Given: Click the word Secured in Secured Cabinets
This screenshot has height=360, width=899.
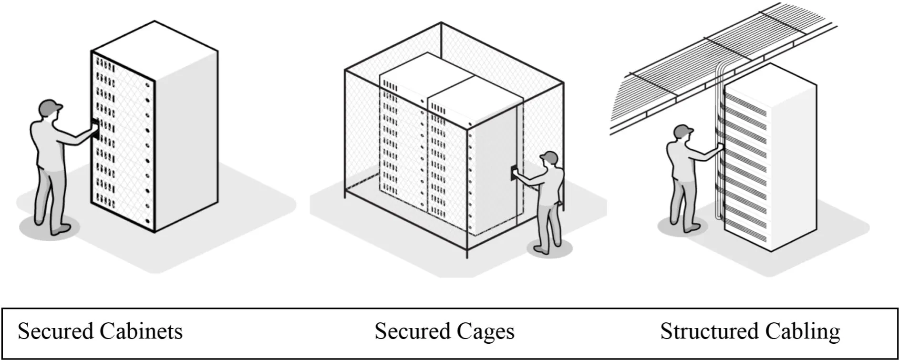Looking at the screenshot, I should pyautogui.click(x=55, y=331).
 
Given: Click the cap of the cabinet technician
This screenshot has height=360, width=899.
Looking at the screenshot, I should pyautogui.click(x=51, y=106).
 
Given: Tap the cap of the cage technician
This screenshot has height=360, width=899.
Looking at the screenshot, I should pyautogui.click(x=550, y=156).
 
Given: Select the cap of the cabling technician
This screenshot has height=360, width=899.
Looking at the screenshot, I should pyautogui.click(x=684, y=130).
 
